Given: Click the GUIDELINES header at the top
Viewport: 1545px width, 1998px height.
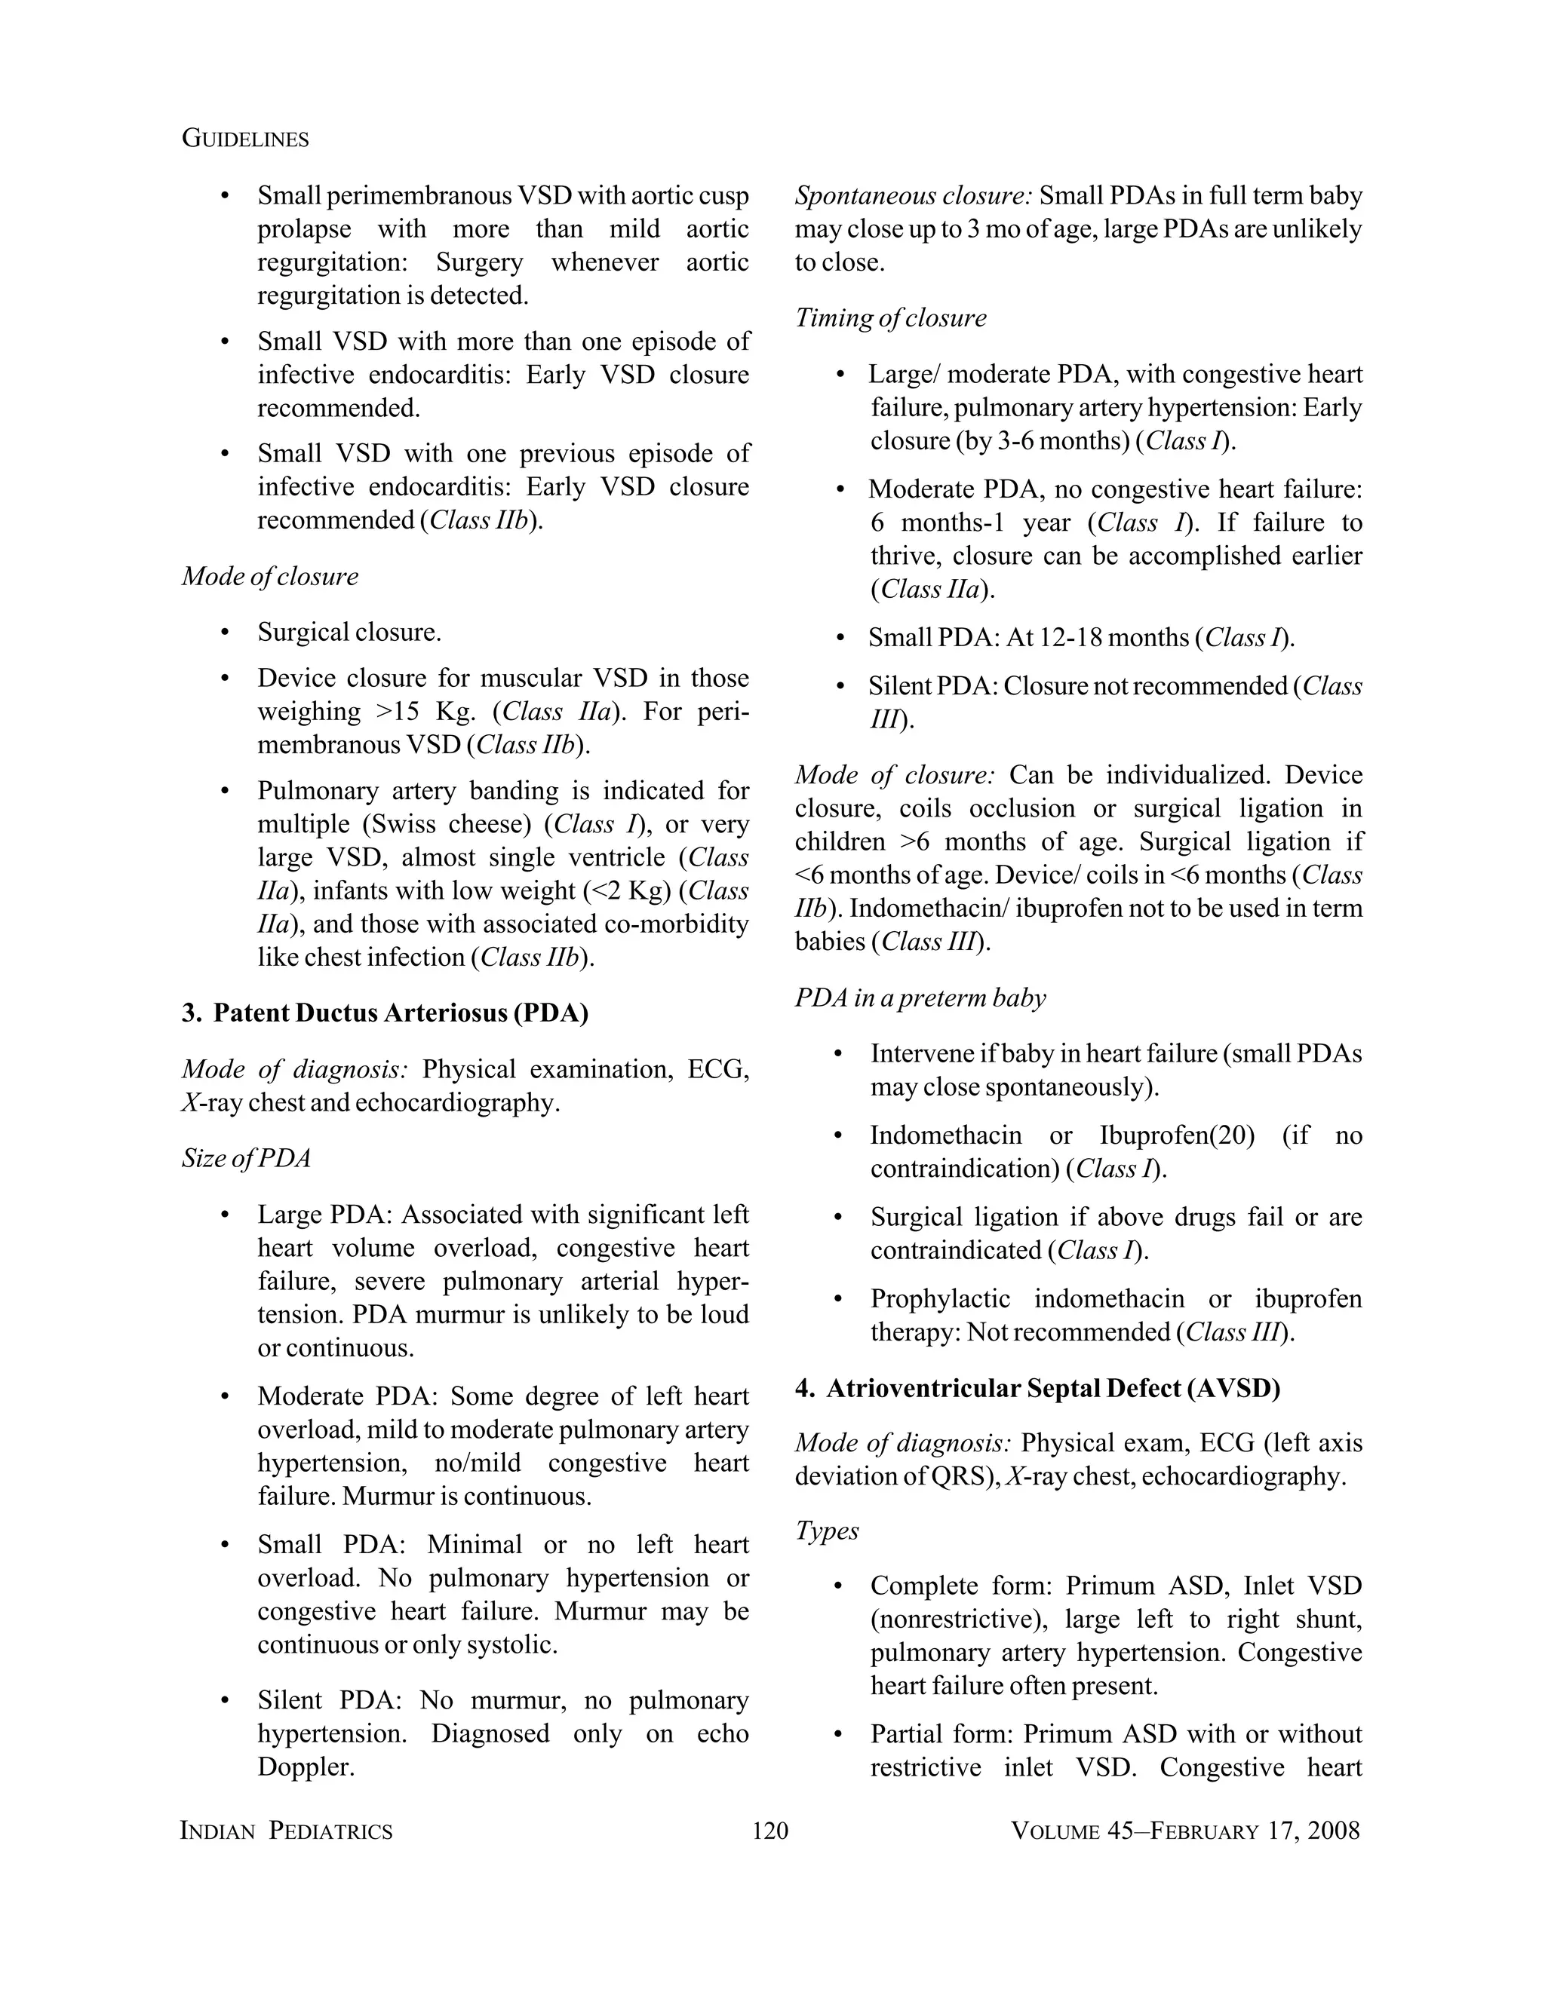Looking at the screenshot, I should pyautogui.click(x=245, y=139).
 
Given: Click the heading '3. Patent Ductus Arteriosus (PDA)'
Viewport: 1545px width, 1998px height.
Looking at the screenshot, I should pyautogui.click(x=385, y=1013).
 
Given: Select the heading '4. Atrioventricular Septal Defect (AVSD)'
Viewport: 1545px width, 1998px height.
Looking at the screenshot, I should pyautogui.click(x=1037, y=1389).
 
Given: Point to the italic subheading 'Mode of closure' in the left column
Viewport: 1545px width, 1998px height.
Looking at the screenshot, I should pyautogui.click(x=270, y=576).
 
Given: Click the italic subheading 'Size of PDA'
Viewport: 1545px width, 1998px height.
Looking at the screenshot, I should pyautogui.click(x=246, y=1158).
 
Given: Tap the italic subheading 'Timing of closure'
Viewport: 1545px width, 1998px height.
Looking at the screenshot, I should pyautogui.click(x=891, y=318).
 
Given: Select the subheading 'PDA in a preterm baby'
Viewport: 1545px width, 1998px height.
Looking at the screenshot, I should pyautogui.click(x=920, y=998).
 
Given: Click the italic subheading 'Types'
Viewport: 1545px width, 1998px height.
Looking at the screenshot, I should pyautogui.click(x=827, y=1531).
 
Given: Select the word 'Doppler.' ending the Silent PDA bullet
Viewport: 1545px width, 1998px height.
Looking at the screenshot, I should pyautogui.click(x=306, y=1767).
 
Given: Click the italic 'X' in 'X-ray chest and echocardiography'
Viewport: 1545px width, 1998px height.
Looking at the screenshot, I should pyautogui.click(x=189, y=1103).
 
